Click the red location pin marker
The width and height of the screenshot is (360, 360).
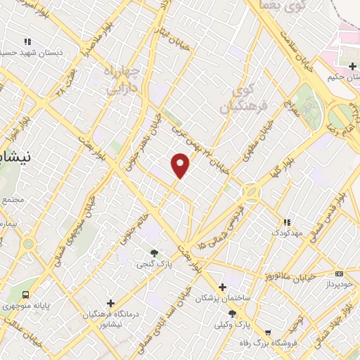[x=181, y=166]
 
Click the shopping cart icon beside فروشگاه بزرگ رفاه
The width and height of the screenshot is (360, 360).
[x=268, y=333]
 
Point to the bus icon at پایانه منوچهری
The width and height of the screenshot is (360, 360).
[x=27, y=295]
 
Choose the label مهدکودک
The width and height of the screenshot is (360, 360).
[x=286, y=231]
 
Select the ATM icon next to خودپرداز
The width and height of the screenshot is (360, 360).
[x=340, y=274]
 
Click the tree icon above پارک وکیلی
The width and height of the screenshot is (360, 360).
[x=232, y=314]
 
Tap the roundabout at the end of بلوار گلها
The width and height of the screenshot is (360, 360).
[x=250, y=191]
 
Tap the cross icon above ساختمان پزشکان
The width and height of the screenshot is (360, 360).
[x=222, y=287]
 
